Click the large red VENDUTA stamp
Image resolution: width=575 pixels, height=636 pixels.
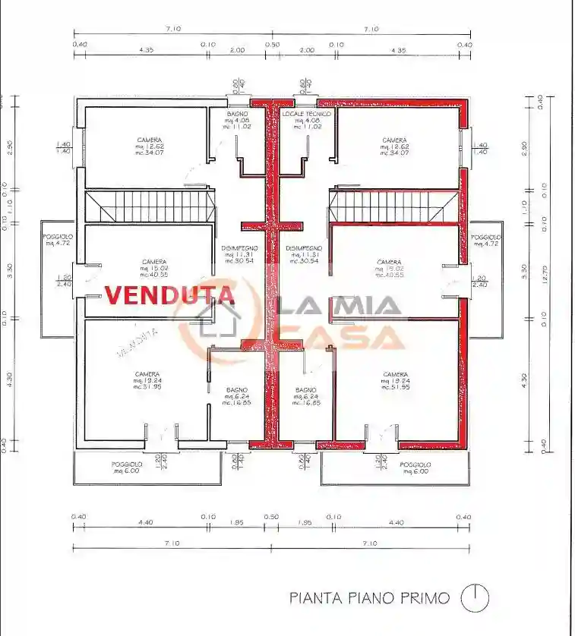point(169,294)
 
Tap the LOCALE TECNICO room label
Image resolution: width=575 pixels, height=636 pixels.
point(302,120)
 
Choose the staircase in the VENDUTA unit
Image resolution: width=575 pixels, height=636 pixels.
point(147,206)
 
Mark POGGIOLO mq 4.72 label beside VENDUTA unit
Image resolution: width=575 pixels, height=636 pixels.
point(58,241)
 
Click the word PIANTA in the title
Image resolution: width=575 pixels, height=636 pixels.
point(314,598)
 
